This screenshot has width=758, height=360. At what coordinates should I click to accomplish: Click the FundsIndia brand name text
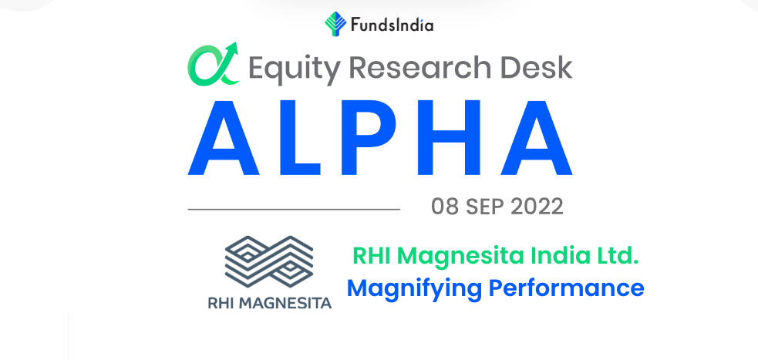point(392,25)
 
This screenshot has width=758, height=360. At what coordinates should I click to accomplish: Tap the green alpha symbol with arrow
point(213,64)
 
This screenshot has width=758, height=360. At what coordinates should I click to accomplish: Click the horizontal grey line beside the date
point(294,209)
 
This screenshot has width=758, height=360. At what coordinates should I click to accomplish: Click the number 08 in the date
point(445,207)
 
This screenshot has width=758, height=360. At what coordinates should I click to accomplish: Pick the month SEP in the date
point(485,207)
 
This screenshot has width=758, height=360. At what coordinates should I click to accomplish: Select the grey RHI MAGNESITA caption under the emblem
point(270,303)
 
